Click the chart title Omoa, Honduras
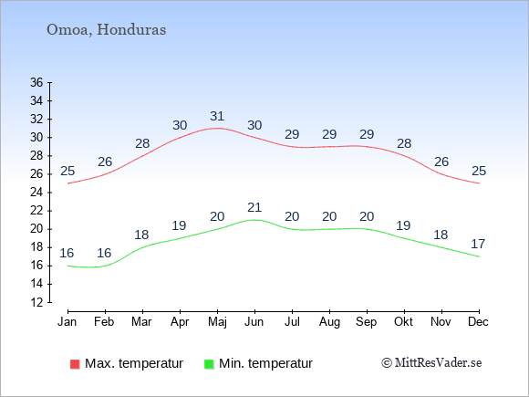pyautogui.click(x=107, y=30)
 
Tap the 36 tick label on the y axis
pyautogui.click(x=36, y=82)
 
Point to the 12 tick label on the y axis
pyautogui.click(x=36, y=302)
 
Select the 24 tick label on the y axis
pyautogui.click(x=36, y=193)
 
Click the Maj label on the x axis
pyautogui.click(x=217, y=322)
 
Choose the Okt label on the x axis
pyautogui.click(x=403, y=321)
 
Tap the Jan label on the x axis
pyautogui.click(x=67, y=321)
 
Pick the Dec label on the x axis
pyautogui.click(x=479, y=321)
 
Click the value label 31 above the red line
pyautogui.click(x=217, y=116)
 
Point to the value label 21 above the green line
pyautogui.click(x=254, y=207)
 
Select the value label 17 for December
pyautogui.click(x=478, y=244)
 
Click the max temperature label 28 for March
pyautogui.click(x=142, y=143)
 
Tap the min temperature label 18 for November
pyautogui.click(x=441, y=235)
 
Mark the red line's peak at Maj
pyautogui.click(x=217, y=129)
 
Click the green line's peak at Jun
pyautogui.click(x=254, y=220)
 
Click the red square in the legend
pyautogui.click(x=75, y=364)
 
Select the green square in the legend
pyautogui.click(x=209, y=364)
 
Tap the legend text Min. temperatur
pyautogui.click(x=265, y=363)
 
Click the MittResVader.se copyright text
pyautogui.click(x=431, y=363)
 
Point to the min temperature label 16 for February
pyautogui.click(x=104, y=253)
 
